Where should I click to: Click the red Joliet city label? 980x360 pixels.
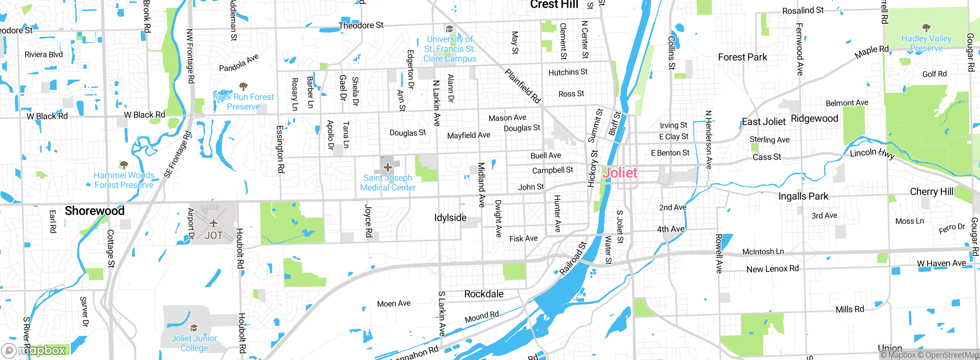click(620, 173)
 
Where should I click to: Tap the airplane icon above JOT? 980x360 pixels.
click(213, 223)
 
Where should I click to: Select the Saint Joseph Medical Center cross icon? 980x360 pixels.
click(387, 167)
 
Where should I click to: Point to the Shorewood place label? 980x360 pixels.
click(95, 211)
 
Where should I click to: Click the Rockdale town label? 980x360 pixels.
click(484, 294)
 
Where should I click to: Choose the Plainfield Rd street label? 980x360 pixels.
click(522, 86)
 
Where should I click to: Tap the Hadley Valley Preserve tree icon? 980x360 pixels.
click(926, 28)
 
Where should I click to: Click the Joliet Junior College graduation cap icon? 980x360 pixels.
click(194, 328)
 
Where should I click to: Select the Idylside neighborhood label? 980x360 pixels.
click(450, 218)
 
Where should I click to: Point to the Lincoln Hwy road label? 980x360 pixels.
click(872, 154)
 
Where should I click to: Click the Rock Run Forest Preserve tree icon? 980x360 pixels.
click(243, 86)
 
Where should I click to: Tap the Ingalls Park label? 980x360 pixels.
click(803, 196)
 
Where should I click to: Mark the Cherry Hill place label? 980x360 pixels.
click(931, 191)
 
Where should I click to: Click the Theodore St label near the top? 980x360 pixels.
click(361, 25)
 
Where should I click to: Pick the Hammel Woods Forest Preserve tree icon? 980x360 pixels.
click(123, 165)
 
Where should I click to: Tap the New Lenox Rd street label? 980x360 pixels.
click(773, 269)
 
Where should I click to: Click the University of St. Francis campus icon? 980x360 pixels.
click(449, 29)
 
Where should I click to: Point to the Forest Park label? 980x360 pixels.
click(742, 57)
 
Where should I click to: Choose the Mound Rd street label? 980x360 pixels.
click(482, 317)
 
